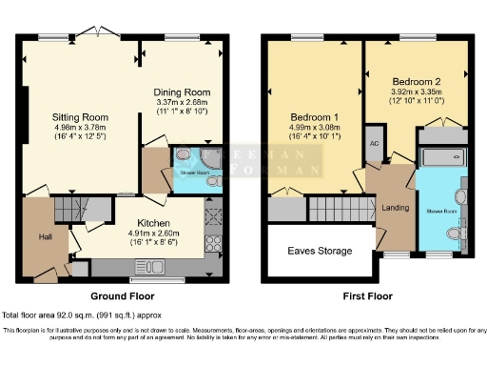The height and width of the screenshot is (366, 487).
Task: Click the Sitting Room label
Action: (81, 118)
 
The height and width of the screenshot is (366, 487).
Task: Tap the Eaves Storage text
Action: (320, 252)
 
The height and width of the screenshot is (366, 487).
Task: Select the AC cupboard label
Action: (373, 143)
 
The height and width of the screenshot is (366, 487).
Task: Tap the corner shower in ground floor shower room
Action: (184, 157)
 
